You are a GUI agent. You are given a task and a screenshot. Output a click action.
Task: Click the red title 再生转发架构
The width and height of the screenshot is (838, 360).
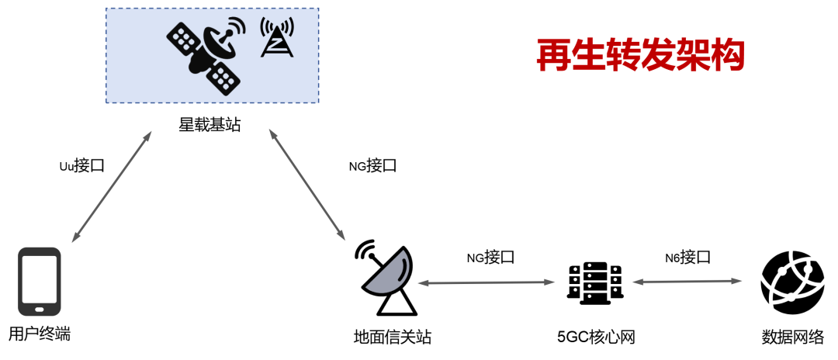641,54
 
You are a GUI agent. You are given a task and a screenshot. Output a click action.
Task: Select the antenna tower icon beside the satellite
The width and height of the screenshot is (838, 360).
277,39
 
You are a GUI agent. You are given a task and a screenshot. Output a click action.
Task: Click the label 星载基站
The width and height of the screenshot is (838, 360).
209,123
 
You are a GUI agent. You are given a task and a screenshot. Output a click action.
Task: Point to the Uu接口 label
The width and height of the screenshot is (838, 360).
81,165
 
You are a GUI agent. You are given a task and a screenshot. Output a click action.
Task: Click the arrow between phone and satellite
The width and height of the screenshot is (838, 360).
111,187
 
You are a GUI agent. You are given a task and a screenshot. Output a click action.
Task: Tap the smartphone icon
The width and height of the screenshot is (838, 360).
40,281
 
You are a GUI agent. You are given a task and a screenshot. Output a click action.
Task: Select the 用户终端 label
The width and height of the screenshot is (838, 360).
40,334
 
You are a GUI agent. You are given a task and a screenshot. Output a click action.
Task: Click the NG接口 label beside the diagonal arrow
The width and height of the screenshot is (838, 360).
372,165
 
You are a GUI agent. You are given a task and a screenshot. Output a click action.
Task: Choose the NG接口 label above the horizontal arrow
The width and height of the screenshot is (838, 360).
490,257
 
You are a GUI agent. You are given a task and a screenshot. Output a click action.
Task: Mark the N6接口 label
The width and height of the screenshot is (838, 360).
687,257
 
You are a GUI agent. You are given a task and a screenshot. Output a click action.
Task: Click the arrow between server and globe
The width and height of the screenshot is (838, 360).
688,282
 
